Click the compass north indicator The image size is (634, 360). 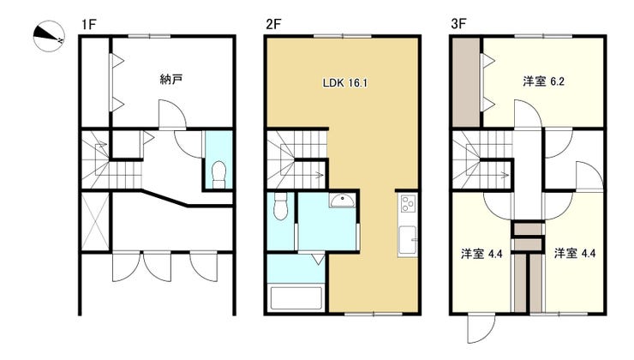point(48,36)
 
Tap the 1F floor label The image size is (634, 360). point(88,25)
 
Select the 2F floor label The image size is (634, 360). point(273,25)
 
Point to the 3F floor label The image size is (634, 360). point(458,24)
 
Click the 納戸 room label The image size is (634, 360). point(171,79)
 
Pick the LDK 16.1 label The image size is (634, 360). point(345,83)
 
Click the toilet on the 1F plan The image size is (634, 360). point(219,174)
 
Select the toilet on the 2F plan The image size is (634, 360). point(280,207)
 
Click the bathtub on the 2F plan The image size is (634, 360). point(296,298)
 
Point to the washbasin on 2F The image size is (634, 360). point(343,201)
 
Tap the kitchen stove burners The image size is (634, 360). point(408,203)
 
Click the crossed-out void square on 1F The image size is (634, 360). point(95,222)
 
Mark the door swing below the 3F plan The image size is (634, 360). point(481,328)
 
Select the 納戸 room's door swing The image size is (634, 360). point(172,115)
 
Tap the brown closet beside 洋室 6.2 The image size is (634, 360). point(466,82)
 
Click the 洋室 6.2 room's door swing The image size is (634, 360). point(528,115)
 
